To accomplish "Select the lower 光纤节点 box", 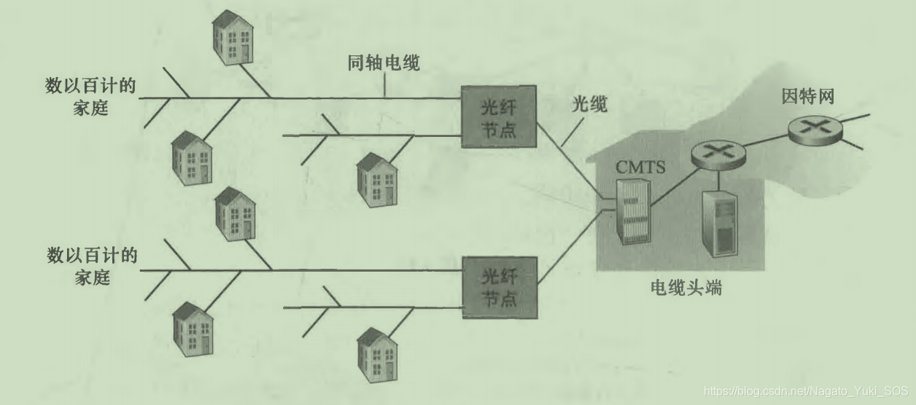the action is [x=499, y=287].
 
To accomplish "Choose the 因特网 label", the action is [x=807, y=96].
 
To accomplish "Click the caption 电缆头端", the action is [x=686, y=288].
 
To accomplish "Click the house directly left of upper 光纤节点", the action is [x=376, y=181].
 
